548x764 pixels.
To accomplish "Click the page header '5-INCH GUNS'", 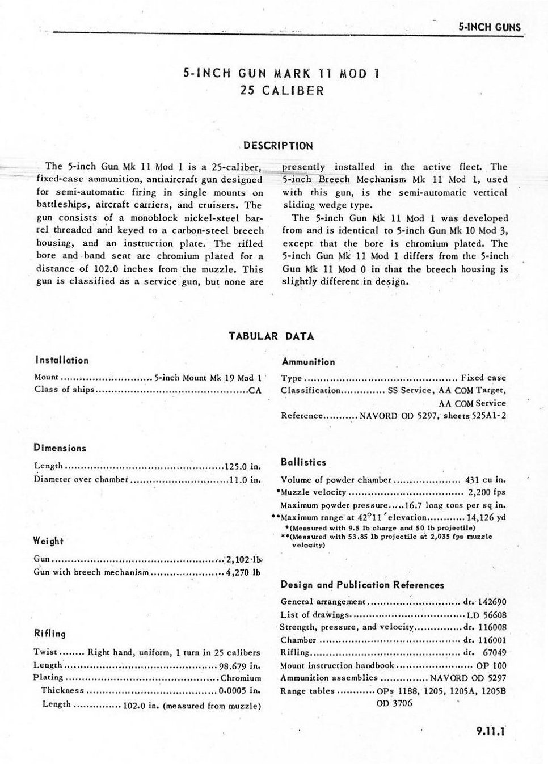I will click(x=489, y=27).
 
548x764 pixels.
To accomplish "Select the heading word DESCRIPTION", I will click(x=278, y=146).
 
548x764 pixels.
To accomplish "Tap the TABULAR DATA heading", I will click(x=271, y=336).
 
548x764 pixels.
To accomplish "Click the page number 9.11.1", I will click(x=491, y=731).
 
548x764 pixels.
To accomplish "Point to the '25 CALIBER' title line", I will click(x=282, y=91).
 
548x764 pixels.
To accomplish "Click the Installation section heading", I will click(x=62, y=360).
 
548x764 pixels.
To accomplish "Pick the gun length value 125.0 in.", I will click(x=243, y=467).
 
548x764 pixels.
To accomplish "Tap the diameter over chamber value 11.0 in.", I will click(x=245, y=480).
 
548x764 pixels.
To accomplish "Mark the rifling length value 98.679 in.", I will click(x=240, y=666).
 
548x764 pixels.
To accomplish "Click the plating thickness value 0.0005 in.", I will click(x=239, y=691).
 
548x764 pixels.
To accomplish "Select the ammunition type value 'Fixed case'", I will click(x=483, y=378).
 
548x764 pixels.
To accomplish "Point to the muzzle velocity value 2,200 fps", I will click(x=487, y=492).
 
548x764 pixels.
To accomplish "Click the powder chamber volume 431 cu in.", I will click(x=485, y=480).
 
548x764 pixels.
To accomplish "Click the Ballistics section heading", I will click(x=303, y=462).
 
